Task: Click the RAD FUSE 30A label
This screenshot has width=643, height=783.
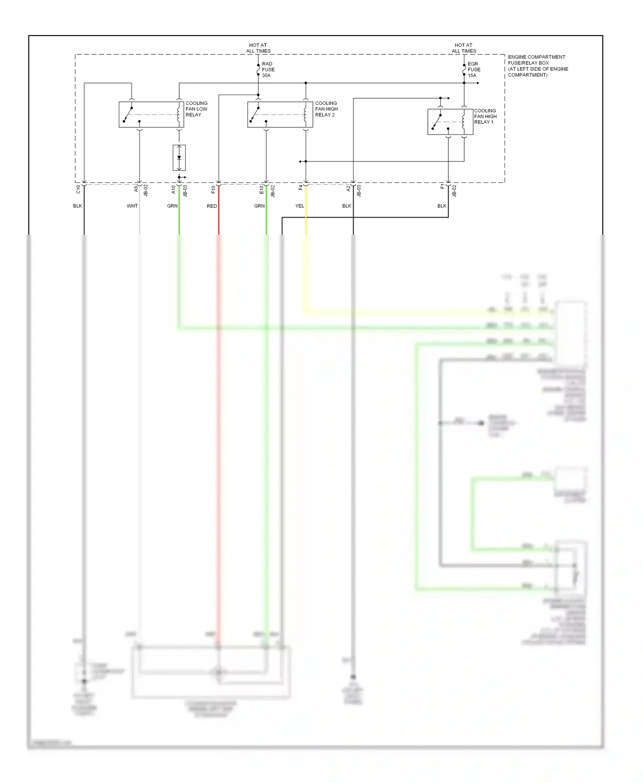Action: (268, 69)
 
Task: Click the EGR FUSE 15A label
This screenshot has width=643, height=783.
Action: (474, 69)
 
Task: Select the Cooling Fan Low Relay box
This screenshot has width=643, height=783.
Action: (151, 114)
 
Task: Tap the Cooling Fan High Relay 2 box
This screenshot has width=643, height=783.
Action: (280, 114)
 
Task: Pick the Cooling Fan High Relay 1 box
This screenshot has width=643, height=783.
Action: (450, 122)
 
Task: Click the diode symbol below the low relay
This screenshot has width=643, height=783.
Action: (179, 158)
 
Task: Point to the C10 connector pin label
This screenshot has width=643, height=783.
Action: (78, 189)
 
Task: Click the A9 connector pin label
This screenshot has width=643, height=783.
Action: (136, 188)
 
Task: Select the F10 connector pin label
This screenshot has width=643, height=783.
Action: (213, 189)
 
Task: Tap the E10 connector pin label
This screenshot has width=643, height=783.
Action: (261, 189)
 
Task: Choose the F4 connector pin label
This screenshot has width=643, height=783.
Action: (301, 188)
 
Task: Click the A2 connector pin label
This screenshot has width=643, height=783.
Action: (349, 188)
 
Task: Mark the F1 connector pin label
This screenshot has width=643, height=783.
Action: (443, 187)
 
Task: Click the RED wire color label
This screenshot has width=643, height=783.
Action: (212, 206)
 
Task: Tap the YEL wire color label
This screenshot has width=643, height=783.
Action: (300, 206)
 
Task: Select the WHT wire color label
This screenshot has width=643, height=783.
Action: (132, 206)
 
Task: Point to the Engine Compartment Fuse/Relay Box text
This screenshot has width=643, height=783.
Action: (538, 66)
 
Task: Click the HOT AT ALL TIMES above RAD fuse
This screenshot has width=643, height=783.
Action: (258, 48)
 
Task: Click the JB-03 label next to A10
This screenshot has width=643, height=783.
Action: (185, 191)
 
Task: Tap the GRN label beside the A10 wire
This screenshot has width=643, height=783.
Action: (172, 206)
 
